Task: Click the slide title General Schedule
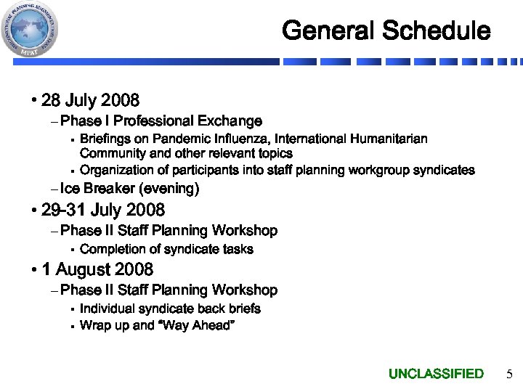(x=386, y=31)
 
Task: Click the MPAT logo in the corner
(x=30, y=30)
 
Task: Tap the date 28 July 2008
(x=90, y=99)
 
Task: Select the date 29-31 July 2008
(x=103, y=211)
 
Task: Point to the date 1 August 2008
(x=97, y=270)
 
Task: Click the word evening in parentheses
(x=172, y=189)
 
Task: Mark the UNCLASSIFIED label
(x=436, y=374)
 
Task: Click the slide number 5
(x=508, y=375)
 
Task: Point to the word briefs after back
(x=244, y=309)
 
